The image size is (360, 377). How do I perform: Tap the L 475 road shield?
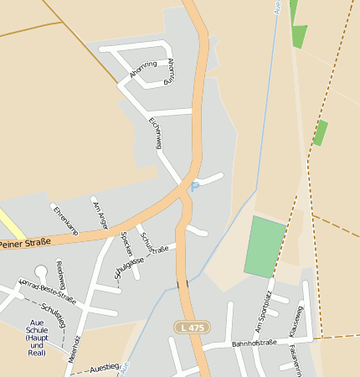(x=192, y=327)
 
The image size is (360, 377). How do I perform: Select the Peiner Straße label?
(x=25, y=244)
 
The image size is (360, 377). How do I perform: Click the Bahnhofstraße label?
(x=254, y=343)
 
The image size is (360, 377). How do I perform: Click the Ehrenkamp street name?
(x=65, y=219)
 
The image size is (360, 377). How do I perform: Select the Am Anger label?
(x=100, y=214)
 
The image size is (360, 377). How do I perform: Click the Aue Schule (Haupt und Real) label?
(x=36, y=338)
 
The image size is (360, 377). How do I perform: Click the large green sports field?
(x=267, y=246)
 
